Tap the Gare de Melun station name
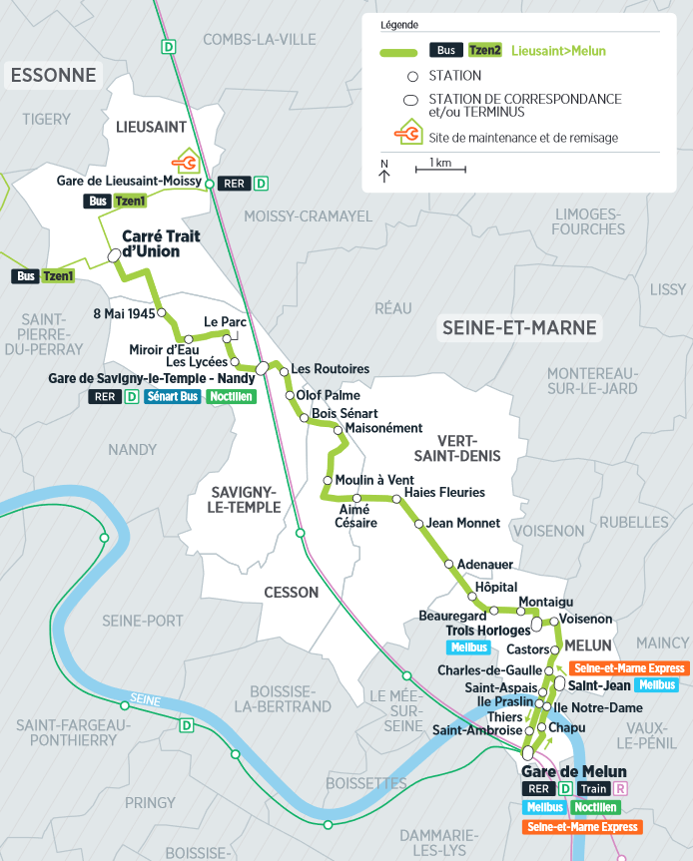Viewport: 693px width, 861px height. coord(574,771)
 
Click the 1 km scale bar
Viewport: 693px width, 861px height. coord(439,168)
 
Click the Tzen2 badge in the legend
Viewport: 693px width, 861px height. coord(485,51)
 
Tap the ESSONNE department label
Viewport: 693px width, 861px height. coord(54,76)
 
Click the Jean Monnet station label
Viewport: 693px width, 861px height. coord(463,522)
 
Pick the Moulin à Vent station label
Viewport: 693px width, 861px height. coord(374,480)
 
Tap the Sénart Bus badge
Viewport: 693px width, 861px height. coord(172,397)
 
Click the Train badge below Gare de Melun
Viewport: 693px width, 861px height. coord(593,789)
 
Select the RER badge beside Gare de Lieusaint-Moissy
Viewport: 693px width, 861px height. coord(235,184)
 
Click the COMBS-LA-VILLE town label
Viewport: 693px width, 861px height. coord(246,39)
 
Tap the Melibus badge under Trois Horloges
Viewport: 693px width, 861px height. coord(468,647)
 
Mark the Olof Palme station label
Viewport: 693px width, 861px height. coord(329,395)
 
